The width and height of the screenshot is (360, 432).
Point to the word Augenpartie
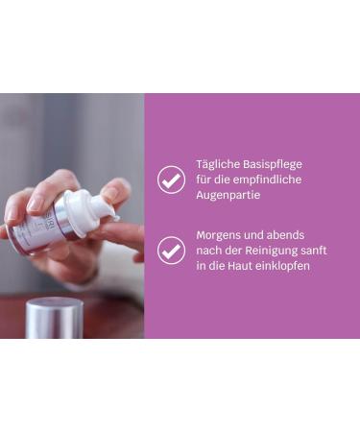[x=228, y=194]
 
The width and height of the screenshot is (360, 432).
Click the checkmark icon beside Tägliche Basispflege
[x=171, y=180]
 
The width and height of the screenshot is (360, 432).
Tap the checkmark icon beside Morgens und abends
[x=171, y=251]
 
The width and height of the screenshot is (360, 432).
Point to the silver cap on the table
[x=54, y=317]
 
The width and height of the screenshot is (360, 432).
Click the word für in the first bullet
[x=204, y=179]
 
